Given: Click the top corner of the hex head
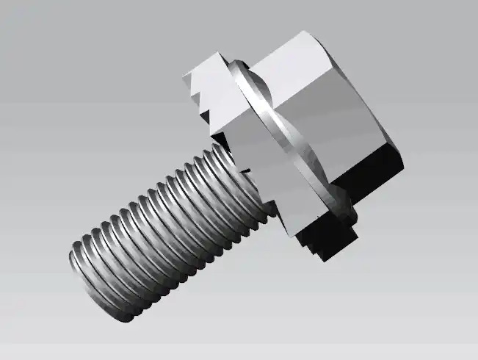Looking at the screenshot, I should coord(302,32).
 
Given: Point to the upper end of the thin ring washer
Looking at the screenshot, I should coord(233,66).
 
